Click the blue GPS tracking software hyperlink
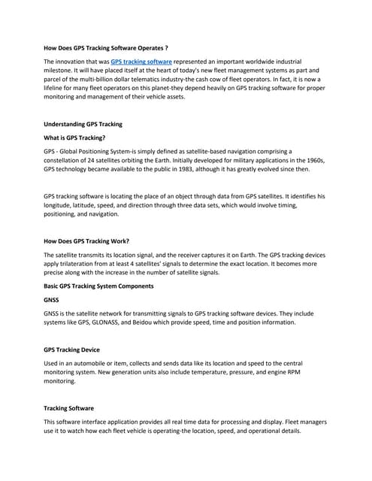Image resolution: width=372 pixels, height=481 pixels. [x=141, y=61]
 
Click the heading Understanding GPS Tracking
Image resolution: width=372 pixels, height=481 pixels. [x=83, y=123]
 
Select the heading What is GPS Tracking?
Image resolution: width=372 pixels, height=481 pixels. [x=74, y=138]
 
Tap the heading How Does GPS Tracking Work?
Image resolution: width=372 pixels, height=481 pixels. [x=86, y=241]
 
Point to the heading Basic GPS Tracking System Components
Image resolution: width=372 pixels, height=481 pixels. [x=98, y=286]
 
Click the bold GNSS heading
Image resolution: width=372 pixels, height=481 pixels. [x=52, y=299]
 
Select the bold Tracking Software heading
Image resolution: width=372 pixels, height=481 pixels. [x=69, y=407]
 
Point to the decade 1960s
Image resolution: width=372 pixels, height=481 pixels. [x=315, y=160]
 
